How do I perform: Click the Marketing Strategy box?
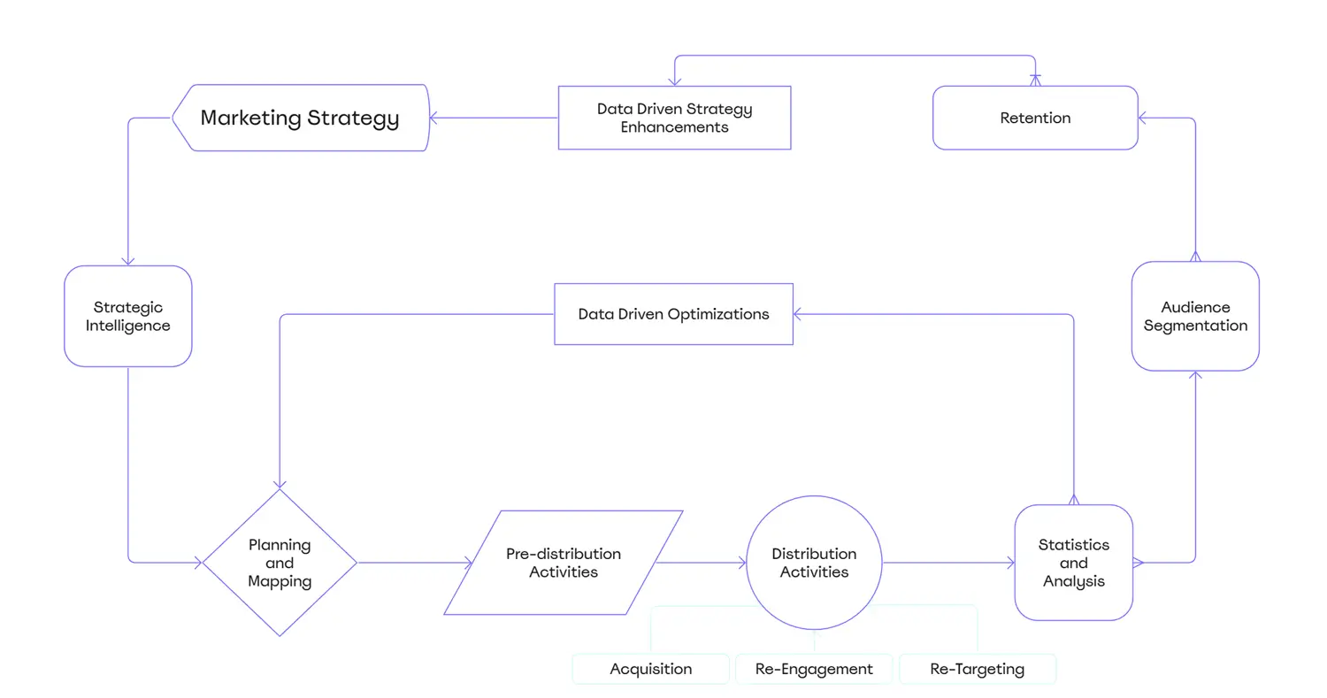point(301,118)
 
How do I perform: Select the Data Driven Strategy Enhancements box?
point(674,118)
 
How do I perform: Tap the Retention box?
point(1035,118)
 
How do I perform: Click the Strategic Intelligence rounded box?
point(128,316)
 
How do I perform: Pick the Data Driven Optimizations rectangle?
point(673,314)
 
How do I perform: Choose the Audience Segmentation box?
point(1195,316)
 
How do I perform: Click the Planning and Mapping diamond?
point(280,563)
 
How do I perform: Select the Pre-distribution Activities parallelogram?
point(564,563)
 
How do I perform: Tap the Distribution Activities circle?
point(814,563)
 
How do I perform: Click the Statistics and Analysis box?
point(1073,563)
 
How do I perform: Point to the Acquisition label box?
point(650,669)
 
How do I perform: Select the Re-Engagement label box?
point(814,669)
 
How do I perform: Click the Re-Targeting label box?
point(978,669)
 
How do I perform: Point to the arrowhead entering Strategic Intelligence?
point(128,260)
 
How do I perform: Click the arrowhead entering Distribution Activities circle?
point(740,563)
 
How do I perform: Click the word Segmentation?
point(1195,326)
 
